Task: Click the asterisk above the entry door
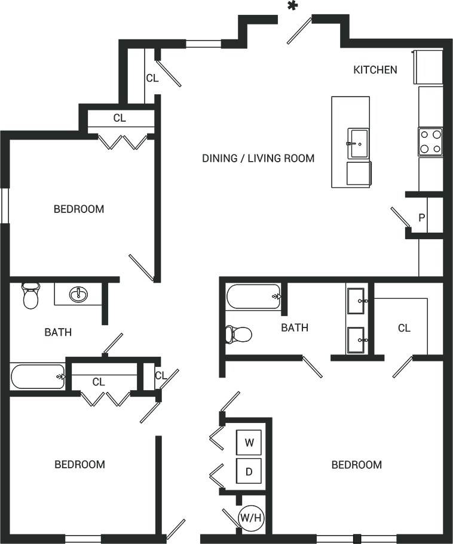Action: (292, 7)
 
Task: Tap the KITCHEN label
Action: (375, 70)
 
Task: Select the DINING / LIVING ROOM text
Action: (258, 158)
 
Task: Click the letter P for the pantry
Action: (421, 218)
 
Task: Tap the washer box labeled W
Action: (250, 443)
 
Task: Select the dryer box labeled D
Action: (250, 472)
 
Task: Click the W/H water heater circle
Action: (250, 518)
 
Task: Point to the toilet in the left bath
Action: (30, 295)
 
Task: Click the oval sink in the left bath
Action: (78, 294)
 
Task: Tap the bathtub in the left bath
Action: (38, 376)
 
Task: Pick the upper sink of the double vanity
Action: (357, 301)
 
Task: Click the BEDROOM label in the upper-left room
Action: (79, 209)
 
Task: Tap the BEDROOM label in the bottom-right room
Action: (357, 465)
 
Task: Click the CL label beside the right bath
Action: (405, 328)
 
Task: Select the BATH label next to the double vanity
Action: (295, 327)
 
